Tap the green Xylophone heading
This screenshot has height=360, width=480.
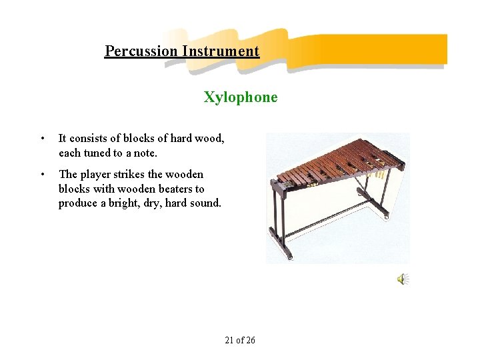pos(241,97)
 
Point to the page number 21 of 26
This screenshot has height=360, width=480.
pos(240,340)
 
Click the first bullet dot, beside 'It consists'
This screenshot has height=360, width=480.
pos(43,139)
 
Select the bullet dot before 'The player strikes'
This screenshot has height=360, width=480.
pos(43,175)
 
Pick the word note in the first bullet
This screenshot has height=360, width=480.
pos(145,153)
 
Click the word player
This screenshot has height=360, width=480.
pos(97,175)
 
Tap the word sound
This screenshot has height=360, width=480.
pos(206,203)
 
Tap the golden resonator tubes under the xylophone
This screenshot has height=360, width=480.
pos(379,175)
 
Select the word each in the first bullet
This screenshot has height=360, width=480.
pos(69,153)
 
